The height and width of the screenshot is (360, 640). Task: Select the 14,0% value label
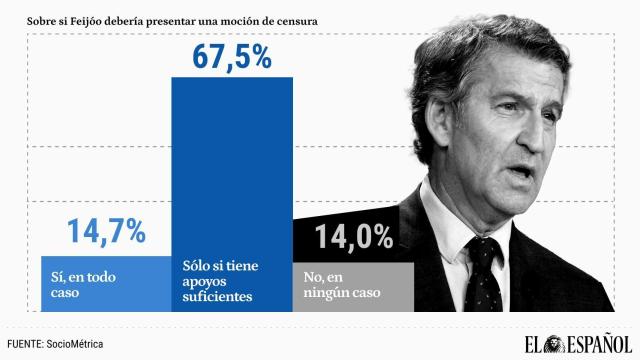(354, 238)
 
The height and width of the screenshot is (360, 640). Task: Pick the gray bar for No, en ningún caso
(352, 286)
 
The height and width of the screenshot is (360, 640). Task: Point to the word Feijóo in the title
(111, 18)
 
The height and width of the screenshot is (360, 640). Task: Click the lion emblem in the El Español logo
(534, 343)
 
